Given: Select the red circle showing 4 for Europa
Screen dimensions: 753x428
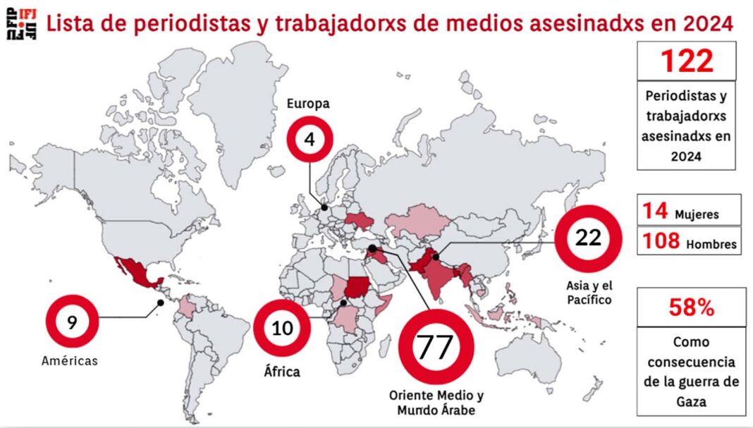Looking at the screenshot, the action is [309, 140].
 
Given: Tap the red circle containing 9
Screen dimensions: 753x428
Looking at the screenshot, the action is [73, 323].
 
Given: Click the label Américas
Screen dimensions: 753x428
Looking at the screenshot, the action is [69, 361].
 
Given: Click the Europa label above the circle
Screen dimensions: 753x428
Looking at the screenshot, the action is [308, 104].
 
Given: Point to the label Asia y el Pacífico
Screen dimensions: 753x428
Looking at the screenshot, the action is [588, 293].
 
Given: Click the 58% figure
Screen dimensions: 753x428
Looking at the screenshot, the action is [691, 307].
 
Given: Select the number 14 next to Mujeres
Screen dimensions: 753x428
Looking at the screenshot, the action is [656, 212].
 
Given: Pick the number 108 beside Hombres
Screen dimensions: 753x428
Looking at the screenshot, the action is [661, 242].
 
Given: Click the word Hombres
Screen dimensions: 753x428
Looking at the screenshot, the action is [712, 245].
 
